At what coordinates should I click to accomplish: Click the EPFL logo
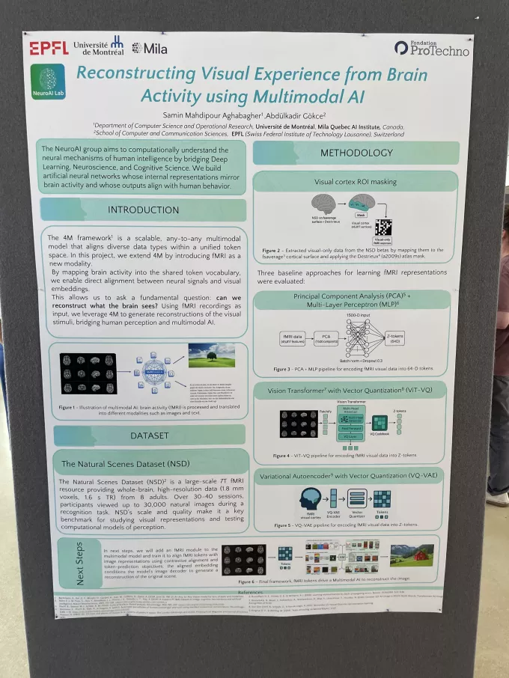pos(49,49)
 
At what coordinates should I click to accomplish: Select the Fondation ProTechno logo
pos(432,49)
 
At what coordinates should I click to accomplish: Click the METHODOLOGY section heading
pos(356,153)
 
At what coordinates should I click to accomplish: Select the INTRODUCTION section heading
pos(144,210)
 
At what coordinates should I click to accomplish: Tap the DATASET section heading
pos(149,435)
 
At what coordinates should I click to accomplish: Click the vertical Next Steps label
pos(79,566)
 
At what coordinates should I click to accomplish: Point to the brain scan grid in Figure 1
pos(88,373)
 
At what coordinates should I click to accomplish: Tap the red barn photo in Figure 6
pos(412,555)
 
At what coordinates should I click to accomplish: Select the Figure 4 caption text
pos(355,455)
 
